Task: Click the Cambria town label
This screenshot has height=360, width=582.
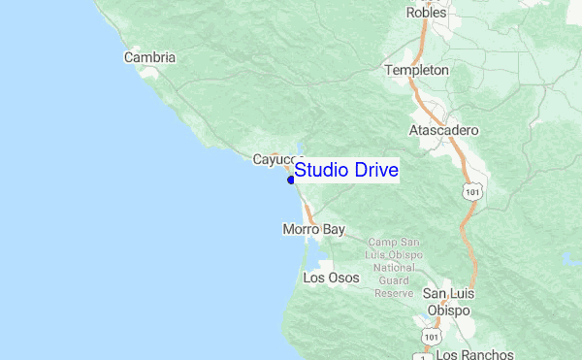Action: [149, 57]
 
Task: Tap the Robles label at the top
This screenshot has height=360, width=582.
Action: [427, 14]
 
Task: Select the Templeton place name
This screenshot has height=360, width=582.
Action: [416, 71]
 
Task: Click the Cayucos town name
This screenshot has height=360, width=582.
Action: [277, 159]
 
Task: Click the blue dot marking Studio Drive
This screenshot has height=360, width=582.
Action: [291, 179]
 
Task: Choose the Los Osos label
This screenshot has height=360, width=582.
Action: [331, 278]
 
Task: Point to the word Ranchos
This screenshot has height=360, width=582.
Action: [487, 354]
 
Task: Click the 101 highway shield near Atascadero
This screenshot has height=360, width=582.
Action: [472, 193]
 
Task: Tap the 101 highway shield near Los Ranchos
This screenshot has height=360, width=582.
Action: [430, 336]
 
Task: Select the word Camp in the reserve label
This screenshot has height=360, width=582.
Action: [381, 242]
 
